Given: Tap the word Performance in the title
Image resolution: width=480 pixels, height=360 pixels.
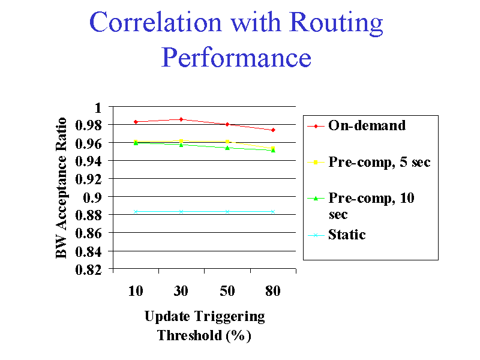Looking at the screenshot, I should click(236, 58).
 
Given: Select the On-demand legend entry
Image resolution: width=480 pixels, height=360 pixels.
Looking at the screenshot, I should click(367, 125).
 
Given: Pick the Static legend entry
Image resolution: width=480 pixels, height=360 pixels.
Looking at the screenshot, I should click(347, 235).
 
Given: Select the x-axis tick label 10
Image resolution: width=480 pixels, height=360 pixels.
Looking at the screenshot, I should click(136, 291).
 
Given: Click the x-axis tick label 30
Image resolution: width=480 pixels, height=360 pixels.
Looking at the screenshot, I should click(181, 291).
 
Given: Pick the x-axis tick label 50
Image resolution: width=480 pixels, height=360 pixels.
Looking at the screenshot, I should click(227, 291).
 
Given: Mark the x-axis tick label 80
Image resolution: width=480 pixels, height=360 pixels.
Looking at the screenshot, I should click(272, 291).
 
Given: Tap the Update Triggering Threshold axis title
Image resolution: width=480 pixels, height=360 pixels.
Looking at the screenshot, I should click(204, 325).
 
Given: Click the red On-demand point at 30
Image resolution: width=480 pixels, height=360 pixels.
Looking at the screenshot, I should click(181, 119).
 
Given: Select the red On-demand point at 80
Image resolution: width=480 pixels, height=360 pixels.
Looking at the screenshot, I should click(273, 130).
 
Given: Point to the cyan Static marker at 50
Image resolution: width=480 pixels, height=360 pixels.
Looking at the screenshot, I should click(227, 211).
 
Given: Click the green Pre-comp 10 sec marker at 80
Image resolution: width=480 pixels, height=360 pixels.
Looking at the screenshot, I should click(273, 150).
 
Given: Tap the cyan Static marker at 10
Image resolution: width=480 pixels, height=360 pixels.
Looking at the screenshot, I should click(136, 211).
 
